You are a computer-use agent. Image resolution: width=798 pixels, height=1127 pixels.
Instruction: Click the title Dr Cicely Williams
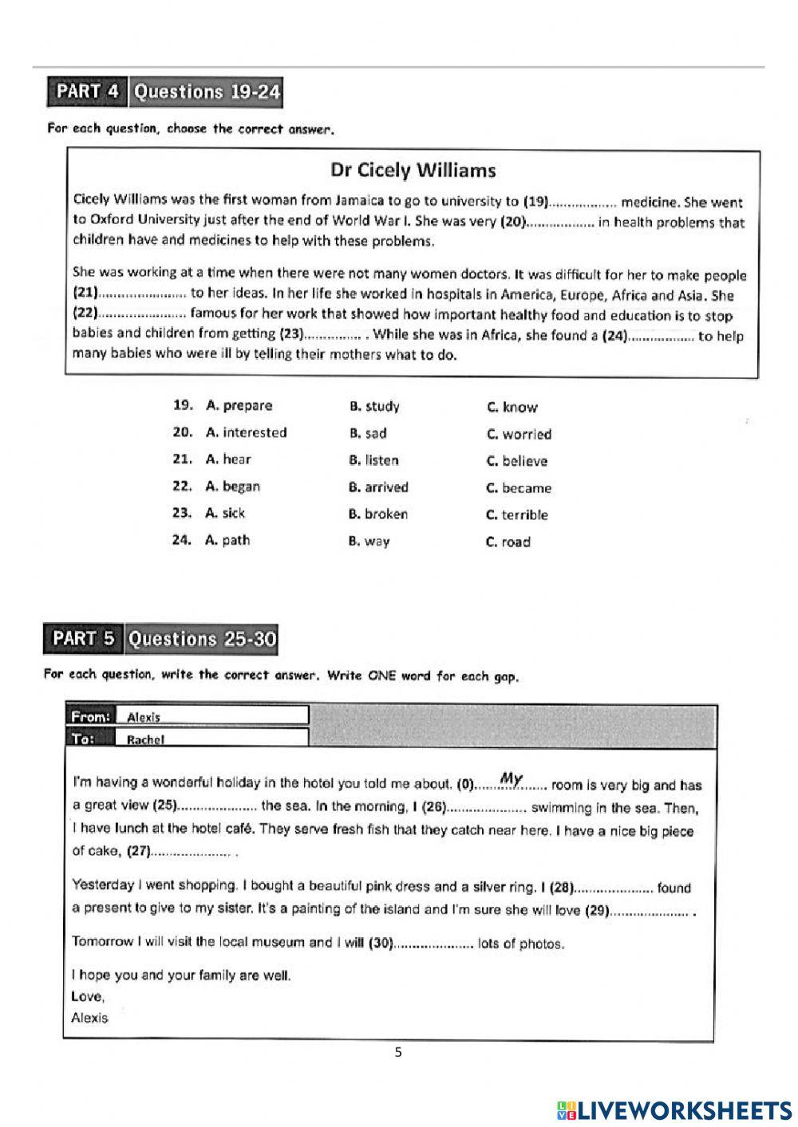click(x=413, y=170)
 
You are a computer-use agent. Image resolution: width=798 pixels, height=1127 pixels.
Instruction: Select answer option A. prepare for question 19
click(x=239, y=406)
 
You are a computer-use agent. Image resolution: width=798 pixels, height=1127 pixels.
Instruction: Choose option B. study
click(x=374, y=407)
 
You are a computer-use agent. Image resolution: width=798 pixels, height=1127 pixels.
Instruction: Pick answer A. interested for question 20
click(x=246, y=433)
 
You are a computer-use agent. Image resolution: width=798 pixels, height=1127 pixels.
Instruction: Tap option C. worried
click(x=519, y=435)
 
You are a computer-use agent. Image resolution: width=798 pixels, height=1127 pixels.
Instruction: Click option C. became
click(x=519, y=488)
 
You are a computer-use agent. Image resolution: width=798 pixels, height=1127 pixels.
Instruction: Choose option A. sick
click(x=225, y=514)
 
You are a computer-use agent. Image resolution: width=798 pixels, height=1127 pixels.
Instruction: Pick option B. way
click(x=369, y=542)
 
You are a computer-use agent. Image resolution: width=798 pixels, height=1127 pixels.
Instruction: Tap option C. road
click(x=508, y=542)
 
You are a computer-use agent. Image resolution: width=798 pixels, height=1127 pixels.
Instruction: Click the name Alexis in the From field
click(x=144, y=717)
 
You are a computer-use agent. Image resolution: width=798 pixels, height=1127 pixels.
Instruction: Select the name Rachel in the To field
click(x=145, y=739)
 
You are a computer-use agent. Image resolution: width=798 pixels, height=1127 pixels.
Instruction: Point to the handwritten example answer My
click(x=511, y=778)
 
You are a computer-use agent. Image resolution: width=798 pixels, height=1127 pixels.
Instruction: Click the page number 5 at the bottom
click(x=398, y=1052)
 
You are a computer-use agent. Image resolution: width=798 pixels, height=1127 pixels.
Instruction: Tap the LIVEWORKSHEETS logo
click(x=674, y=1109)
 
